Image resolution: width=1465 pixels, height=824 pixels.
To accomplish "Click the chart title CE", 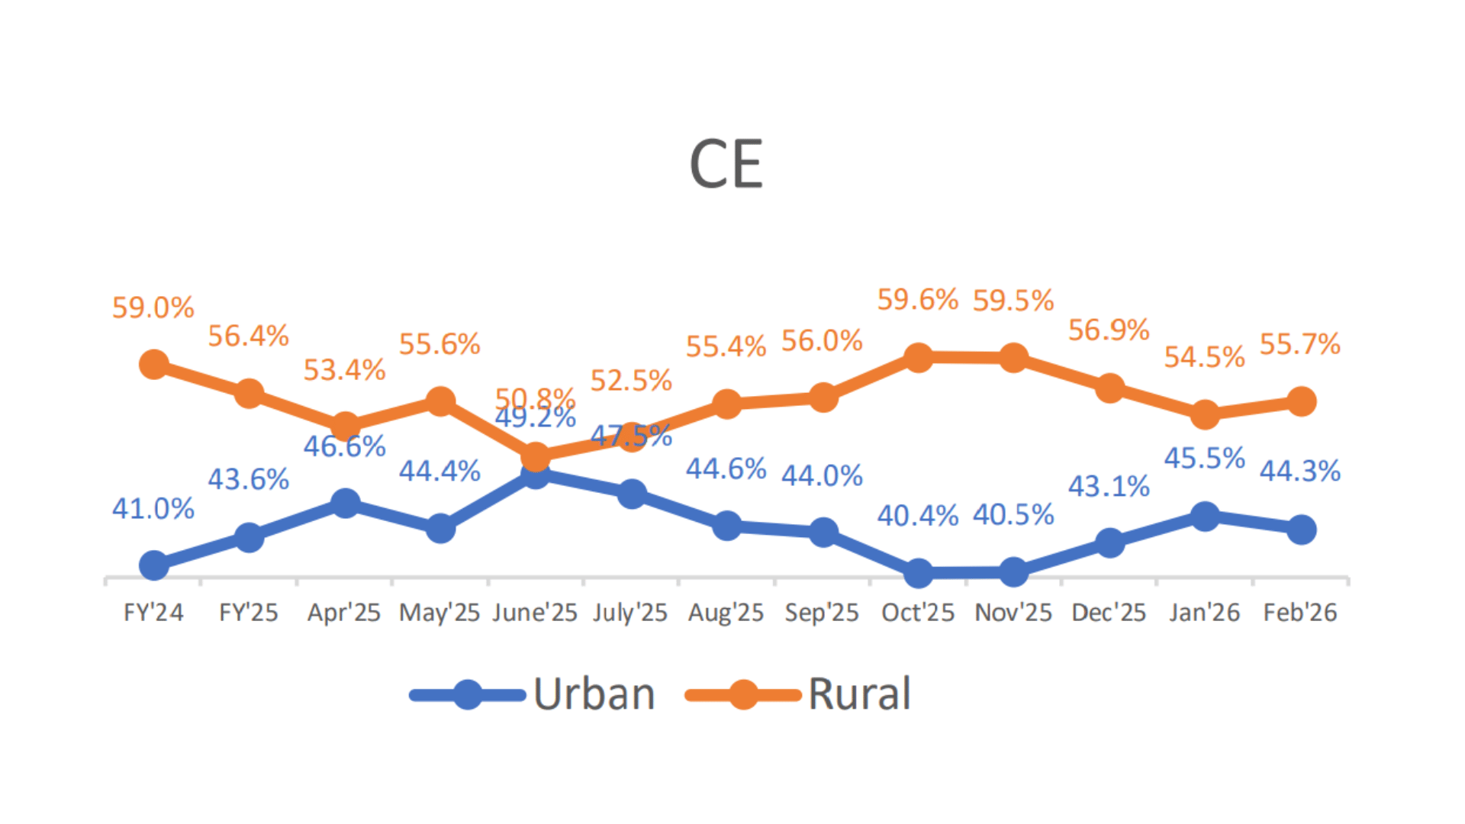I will pyautogui.click(x=726, y=165).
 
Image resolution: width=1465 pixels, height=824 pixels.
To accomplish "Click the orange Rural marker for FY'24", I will pyautogui.click(x=154, y=365).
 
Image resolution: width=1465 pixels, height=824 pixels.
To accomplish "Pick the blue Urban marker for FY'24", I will pyautogui.click(x=154, y=565).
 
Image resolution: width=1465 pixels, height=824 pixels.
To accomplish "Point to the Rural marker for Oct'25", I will pyautogui.click(x=919, y=357).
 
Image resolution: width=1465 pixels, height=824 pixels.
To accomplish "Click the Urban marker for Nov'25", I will pyautogui.click(x=1013, y=571).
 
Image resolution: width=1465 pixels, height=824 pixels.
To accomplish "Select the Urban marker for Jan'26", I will pyautogui.click(x=1205, y=517).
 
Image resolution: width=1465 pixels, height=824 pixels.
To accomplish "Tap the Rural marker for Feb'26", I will pyautogui.click(x=1301, y=401).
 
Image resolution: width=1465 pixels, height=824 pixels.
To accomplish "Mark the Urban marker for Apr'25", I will pyautogui.click(x=345, y=504).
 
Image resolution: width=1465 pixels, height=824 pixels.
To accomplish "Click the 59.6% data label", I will pyautogui.click(x=917, y=300).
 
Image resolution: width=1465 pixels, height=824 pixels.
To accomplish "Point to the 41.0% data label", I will pyautogui.click(x=153, y=509).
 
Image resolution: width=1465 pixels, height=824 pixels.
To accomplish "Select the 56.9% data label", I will pyautogui.click(x=1109, y=330).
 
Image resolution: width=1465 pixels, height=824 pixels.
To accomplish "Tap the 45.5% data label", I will pyautogui.click(x=1204, y=459).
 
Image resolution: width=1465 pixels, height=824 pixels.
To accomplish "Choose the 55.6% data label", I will pyautogui.click(x=439, y=345).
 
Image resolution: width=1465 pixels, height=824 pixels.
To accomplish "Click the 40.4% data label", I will pyautogui.click(x=917, y=516).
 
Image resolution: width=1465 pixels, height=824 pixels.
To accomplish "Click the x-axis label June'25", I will pyautogui.click(x=535, y=613).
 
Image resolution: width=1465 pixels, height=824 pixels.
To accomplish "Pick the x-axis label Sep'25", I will pyautogui.click(x=822, y=613).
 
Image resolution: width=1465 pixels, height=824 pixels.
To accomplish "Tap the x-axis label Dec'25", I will pyautogui.click(x=1109, y=613).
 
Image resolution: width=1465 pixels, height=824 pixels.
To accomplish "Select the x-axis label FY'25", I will pyautogui.click(x=249, y=613).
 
